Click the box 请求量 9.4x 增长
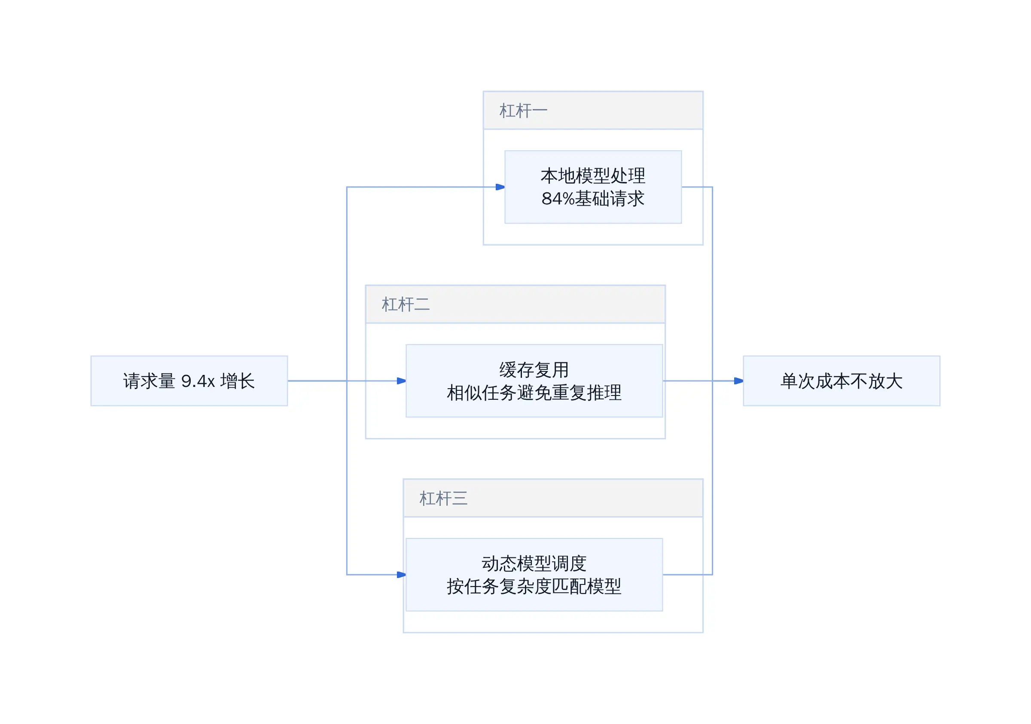coord(189,380)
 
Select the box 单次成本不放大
coord(842,380)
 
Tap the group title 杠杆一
coord(523,110)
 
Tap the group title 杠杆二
coord(406,304)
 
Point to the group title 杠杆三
coord(443,498)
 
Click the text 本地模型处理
coord(593,176)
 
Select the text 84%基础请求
coord(593,198)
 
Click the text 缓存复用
coord(534,370)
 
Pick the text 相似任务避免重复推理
coord(534,393)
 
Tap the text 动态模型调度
coord(534,563)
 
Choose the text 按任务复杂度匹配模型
coord(534,586)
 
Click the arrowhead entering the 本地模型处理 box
coord(500,187)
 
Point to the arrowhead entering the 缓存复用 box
coord(401,380)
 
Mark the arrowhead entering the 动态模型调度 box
coord(401,575)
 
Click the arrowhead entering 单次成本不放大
coord(739,380)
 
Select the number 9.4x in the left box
coord(198,381)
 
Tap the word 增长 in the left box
coord(238,380)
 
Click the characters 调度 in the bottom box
coord(569,563)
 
